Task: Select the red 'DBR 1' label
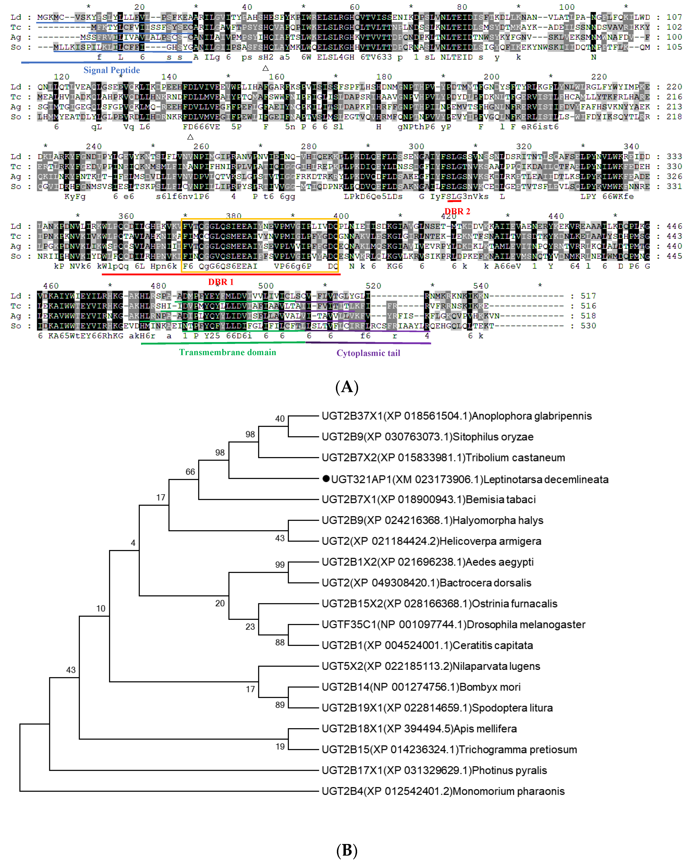(x=221, y=282)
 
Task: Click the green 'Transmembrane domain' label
(x=227, y=352)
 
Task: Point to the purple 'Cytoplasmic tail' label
(x=368, y=353)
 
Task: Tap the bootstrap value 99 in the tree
(x=280, y=565)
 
